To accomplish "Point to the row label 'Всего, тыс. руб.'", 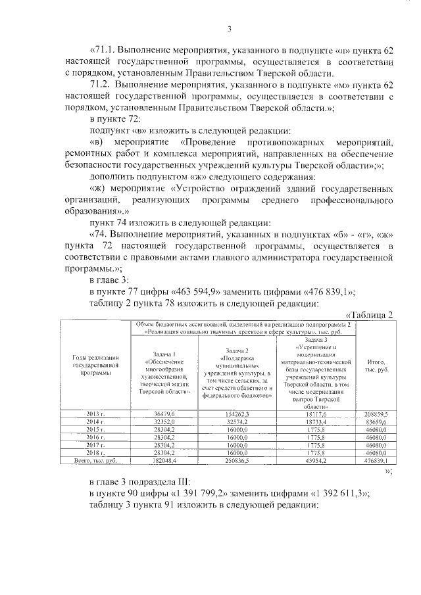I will coord(95,481).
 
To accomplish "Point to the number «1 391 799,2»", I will coord(210,529).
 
